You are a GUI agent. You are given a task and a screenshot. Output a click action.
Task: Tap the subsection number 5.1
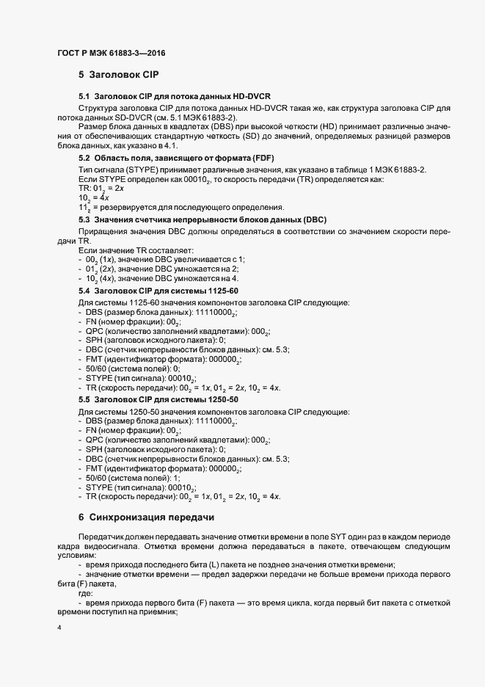click(x=84, y=97)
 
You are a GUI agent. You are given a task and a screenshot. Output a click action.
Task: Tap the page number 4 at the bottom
click(x=59, y=628)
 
